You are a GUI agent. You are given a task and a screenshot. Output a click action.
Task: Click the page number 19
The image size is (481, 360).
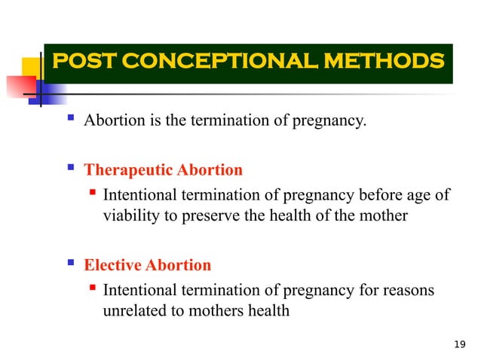461,345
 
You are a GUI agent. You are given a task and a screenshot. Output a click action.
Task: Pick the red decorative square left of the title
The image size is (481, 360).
17,81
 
